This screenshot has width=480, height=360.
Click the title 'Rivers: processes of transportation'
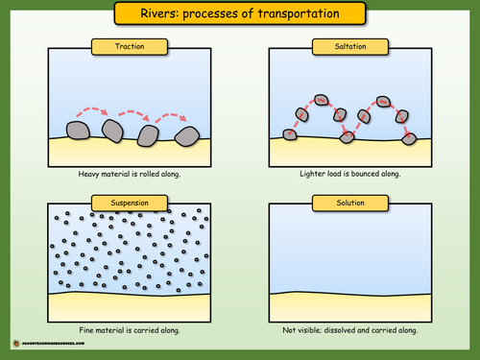[x=240, y=13]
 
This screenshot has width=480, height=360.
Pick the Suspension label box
[x=129, y=201]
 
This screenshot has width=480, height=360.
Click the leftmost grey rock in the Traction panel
[x=76, y=131]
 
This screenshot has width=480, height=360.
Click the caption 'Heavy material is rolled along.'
[x=129, y=175]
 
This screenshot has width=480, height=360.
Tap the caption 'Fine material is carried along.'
[x=129, y=329]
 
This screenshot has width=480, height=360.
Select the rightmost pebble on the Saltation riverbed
[x=409, y=138]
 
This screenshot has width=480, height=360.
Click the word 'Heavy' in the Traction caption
[x=90, y=175]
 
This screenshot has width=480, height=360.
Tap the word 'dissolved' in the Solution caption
[x=352, y=329]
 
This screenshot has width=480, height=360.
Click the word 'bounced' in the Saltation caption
[x=365, y=175]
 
